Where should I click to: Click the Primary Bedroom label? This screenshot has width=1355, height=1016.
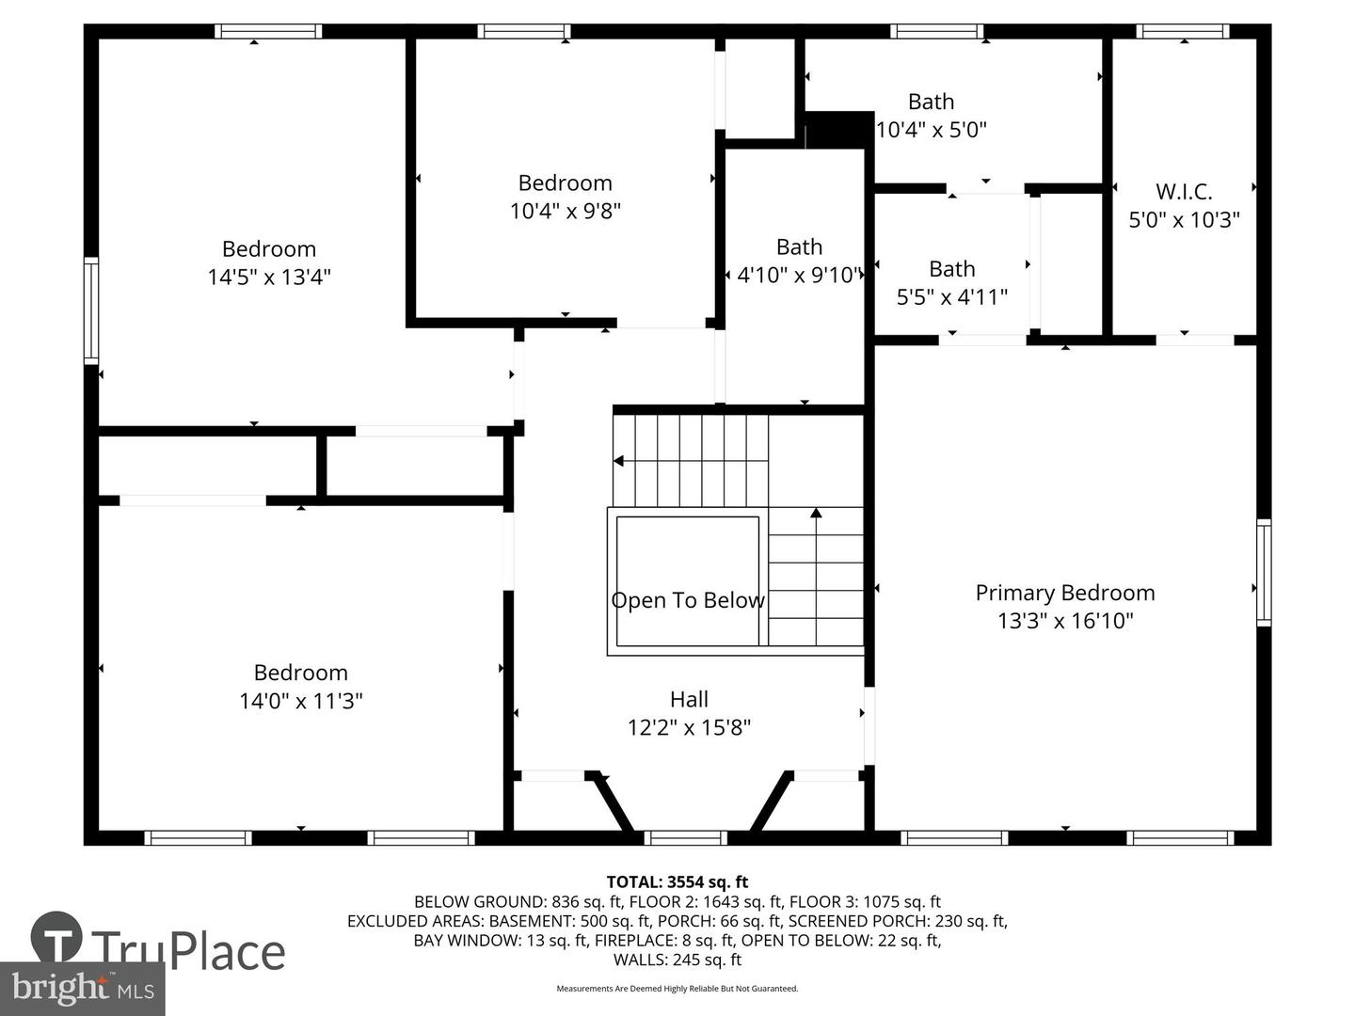[1064, 593]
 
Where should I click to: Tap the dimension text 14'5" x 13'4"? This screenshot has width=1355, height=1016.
[268, 277]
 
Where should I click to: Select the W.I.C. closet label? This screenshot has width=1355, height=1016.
[1184, 192]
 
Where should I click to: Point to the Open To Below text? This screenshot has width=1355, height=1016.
[688, 599]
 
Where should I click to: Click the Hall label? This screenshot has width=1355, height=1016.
[689, 699]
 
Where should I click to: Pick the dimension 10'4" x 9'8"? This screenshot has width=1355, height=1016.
[565, 211]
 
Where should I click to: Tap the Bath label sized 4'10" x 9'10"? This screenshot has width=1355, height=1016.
[799, 246]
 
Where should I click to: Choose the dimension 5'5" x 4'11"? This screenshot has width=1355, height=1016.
[951, 297]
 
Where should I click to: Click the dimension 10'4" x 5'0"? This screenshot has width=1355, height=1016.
[931, 130]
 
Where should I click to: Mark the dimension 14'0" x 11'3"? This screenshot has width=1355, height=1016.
[300, 701]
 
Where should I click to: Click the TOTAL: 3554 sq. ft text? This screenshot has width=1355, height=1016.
[677, 881]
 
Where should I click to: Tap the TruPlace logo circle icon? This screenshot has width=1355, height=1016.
[56, 936]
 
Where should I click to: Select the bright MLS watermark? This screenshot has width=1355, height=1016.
[82, 989]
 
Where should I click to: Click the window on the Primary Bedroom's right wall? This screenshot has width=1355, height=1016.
[1264, 573]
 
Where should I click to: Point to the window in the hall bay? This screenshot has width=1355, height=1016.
[685, 837]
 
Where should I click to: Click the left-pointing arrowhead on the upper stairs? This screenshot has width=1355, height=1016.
[618, 461]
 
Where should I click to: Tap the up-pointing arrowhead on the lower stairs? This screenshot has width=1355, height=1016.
[816, 512]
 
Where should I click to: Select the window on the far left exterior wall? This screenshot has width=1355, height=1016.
[90, 310]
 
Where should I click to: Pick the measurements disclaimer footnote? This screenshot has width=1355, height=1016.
[677, 988]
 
